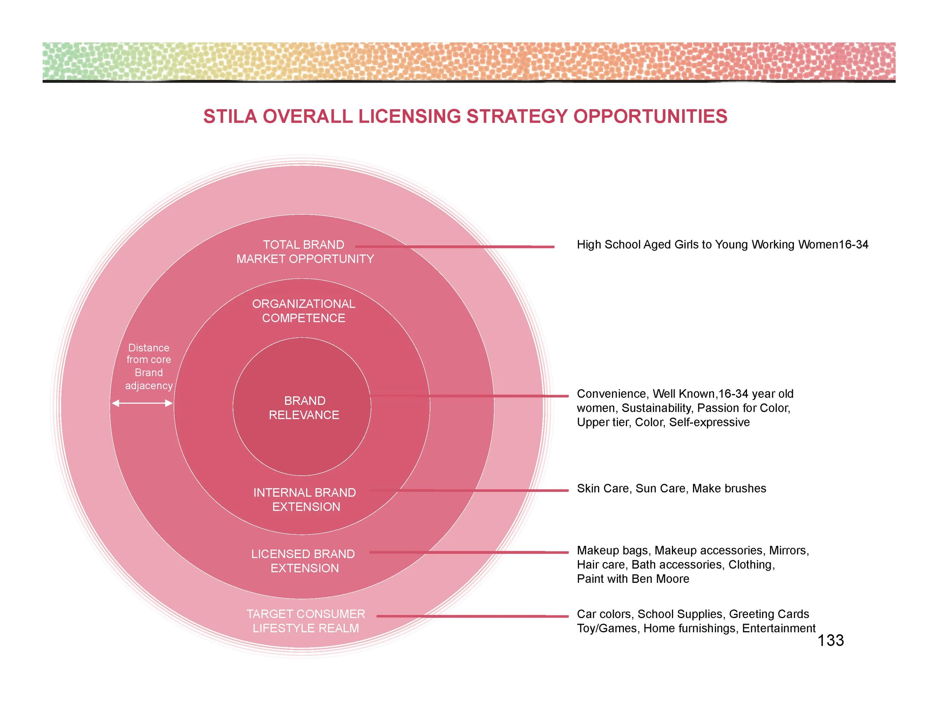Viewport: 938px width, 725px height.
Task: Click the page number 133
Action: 831,641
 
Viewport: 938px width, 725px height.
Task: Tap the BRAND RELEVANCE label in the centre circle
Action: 304,408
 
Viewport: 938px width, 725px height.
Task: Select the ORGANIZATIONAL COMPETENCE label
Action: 304,311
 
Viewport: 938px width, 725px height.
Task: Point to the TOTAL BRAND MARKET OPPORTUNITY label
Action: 305,252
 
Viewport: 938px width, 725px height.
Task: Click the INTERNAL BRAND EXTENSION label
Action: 305,499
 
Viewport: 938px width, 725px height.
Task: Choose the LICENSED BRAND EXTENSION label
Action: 304,561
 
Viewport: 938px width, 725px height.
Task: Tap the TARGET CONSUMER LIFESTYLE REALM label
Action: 306,621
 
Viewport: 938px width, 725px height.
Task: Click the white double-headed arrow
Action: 142,403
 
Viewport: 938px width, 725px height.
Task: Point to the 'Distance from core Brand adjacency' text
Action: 149,366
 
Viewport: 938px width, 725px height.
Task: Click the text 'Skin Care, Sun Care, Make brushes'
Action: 671,489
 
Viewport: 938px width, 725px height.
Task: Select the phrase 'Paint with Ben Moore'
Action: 633,579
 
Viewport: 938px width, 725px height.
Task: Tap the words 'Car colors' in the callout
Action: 604,614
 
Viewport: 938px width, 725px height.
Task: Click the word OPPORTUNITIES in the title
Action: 650,116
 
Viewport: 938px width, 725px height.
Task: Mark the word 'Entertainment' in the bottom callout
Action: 779,628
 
